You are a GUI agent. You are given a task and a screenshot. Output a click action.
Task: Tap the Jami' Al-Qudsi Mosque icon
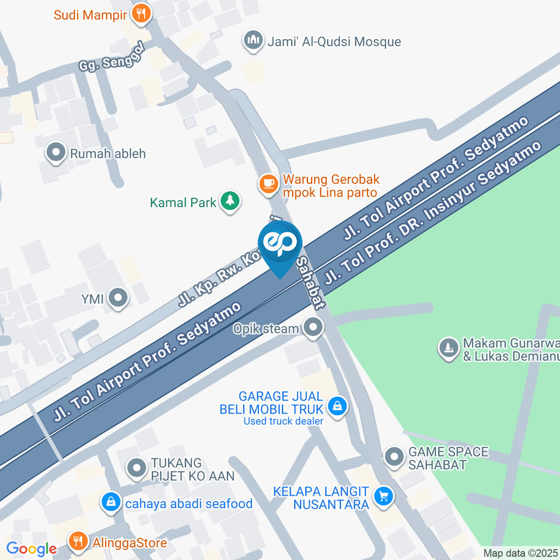[253, 41]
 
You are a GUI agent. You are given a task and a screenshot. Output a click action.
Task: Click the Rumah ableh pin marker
[56, 153]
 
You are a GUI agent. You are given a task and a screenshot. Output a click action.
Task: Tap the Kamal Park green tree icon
[230, 201]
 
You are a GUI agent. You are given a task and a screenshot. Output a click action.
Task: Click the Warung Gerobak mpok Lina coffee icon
[268, 183]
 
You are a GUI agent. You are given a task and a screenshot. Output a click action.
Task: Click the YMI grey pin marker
[119, 299]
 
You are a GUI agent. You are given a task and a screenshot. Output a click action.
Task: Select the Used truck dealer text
[283, 421]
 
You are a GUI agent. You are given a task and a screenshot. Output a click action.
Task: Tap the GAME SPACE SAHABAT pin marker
[394, 457]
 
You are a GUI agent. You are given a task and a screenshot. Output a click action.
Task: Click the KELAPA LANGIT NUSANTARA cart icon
[383, 496]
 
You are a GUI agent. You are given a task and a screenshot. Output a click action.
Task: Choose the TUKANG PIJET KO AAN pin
[137, 468]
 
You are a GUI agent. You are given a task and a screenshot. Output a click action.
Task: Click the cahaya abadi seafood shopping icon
[110, 502]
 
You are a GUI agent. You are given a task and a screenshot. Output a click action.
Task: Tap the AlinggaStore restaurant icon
[77, 541]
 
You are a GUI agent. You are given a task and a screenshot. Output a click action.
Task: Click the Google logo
[32, 549]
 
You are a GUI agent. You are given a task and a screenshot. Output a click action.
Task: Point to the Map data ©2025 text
[520, 553]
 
